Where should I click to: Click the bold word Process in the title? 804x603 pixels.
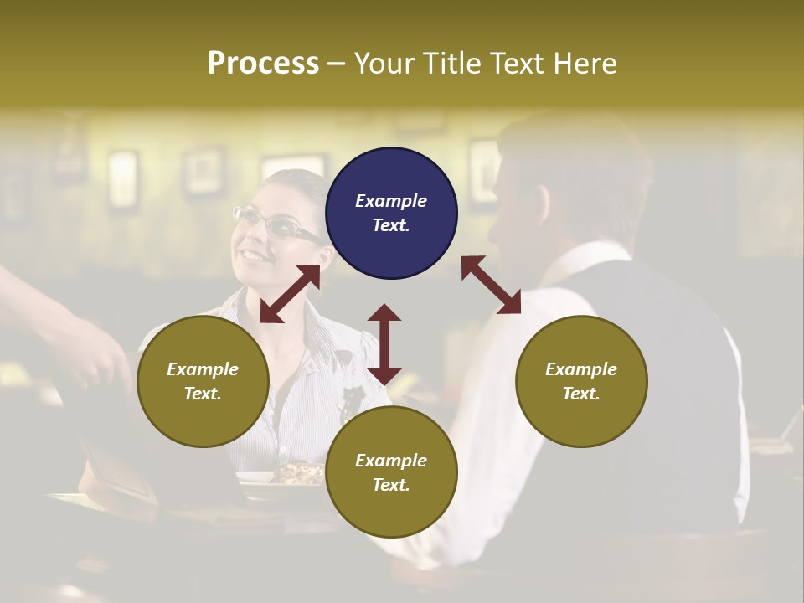(x=263, y=64)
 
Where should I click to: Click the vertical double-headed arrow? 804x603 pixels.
(x=384, y=344)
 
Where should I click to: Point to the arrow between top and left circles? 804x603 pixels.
(x=290, y=294)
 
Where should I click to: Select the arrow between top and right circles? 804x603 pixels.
(x=491, y=285)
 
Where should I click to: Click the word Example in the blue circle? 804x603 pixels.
(x=391, y=201)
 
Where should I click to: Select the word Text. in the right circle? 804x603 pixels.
(x=581, y=394)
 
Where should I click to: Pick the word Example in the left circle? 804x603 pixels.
(x=203, y=369)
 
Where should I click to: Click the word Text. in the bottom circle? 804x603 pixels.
(x=391, y=485)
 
